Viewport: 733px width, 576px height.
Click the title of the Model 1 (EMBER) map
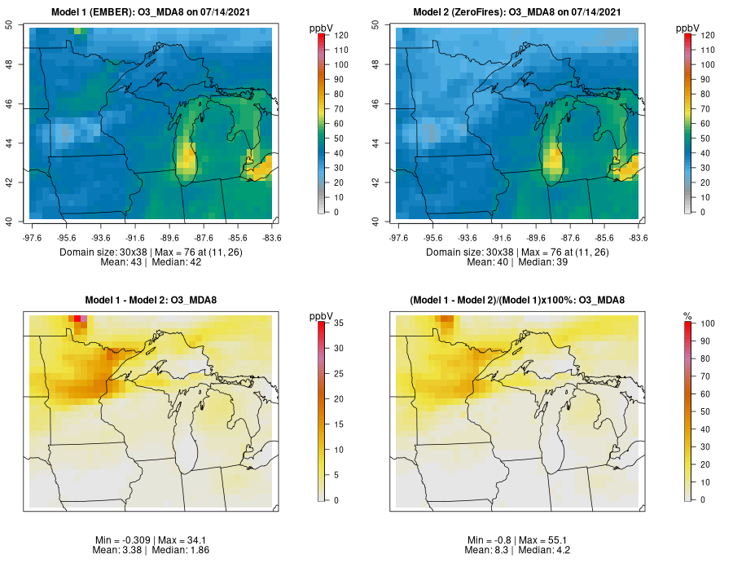pos(151,12)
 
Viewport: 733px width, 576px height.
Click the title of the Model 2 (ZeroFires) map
pos(517,12)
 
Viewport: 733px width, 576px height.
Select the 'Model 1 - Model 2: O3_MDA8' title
pos(151,300)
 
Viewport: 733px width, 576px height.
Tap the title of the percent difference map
pos(517,300)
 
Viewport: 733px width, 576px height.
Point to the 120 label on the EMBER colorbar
pos(341,36)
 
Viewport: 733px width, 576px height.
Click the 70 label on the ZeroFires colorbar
pos(705,109)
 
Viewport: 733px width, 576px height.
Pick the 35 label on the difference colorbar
pos(339,323)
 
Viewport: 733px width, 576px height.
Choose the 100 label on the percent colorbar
pos(708,323)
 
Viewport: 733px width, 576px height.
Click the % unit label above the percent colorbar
pos(687,317)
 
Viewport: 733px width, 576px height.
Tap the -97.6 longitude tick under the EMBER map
pos(33,238)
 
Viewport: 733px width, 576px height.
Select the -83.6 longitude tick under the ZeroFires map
pos(639,238)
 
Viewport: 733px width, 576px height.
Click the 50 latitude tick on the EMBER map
pos(9,25)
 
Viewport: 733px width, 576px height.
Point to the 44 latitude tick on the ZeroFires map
pos(375,143)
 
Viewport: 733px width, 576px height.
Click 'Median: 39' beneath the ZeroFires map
pos(542,262)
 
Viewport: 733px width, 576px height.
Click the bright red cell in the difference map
pos(77,319)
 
